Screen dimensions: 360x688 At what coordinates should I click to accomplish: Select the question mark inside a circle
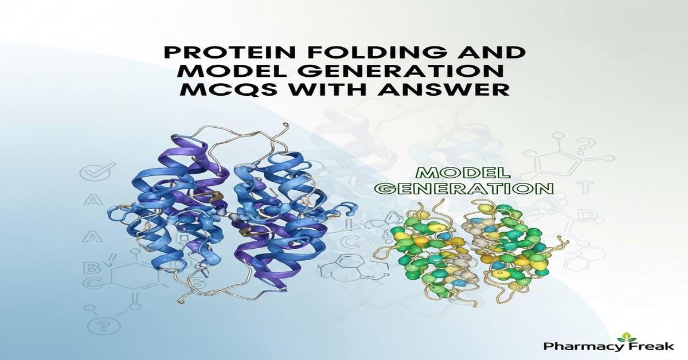click(104, 327)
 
